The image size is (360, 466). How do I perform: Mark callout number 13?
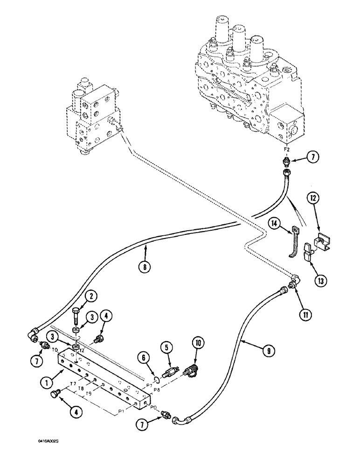(321, 281)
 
